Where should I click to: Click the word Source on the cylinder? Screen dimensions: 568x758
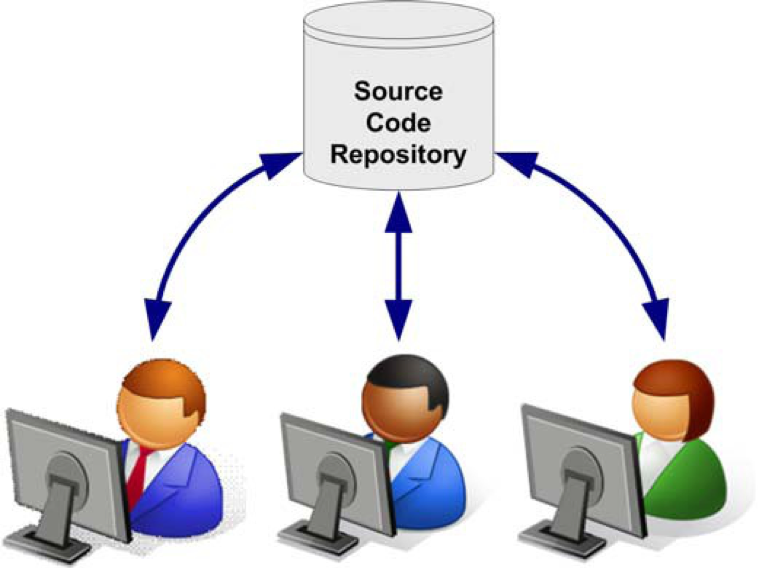pyautogui.click(x=398, y=91)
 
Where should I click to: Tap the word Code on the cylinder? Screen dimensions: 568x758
pyautogui.click(x=398, y=123)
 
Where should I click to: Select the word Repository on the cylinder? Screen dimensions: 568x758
pyautogui.click(x=398, y=155)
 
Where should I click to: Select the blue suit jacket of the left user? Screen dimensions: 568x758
pyautogui.click(x=185, y=480)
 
